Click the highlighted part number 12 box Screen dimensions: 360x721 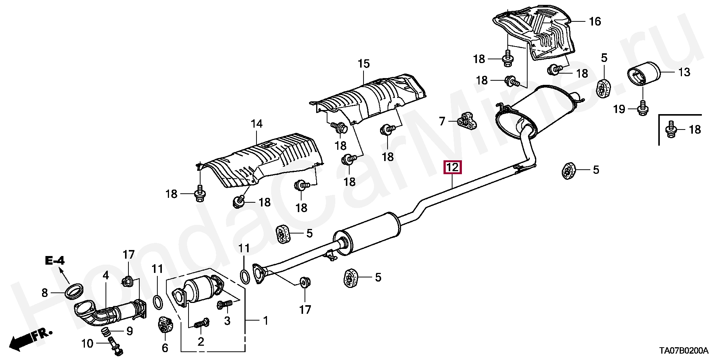coord(453,167)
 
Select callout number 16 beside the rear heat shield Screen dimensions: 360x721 coord(595,21)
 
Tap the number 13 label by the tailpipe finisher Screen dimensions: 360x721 coord(684,72)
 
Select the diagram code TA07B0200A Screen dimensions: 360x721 coord(684,351)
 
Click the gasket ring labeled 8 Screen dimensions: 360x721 coord(75,291)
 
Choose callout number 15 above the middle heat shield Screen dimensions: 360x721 coord(364,64)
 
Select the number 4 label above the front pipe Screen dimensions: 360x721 coord(106,275)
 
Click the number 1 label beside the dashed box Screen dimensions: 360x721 coord(265,321)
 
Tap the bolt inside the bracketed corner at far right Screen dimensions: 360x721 coord(671,130)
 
